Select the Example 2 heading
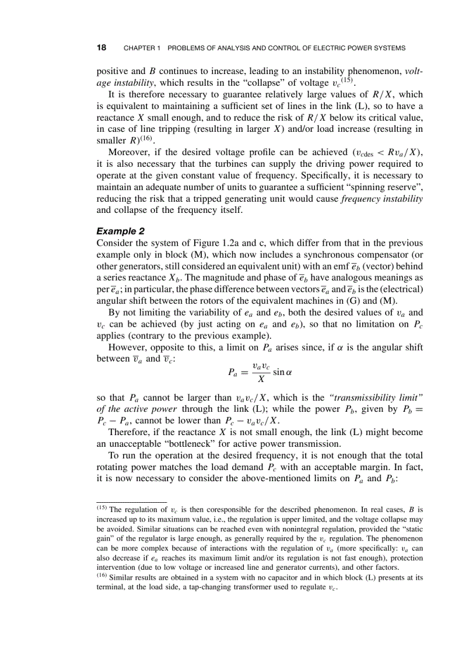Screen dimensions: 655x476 pyautogui.click(x=120, y=232)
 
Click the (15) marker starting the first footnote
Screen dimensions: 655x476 pyautogui.click(x=101, y=508)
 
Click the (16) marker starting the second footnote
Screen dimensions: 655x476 pyautogui.click(x=101, y=576)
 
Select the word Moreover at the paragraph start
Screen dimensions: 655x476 pyautogui.click(x=129, y=153)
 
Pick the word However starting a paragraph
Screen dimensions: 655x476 pyautogui.click(x=128, y=348)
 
